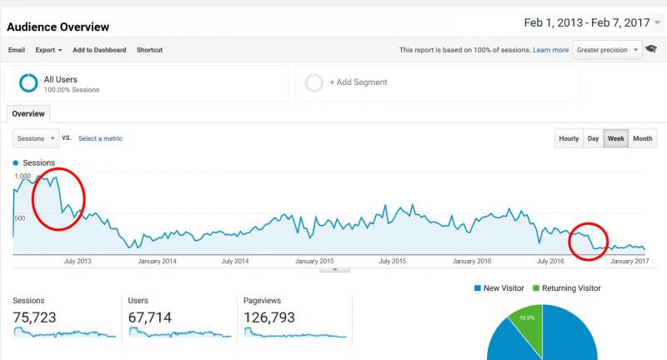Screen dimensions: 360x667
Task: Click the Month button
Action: [x=642, y=138]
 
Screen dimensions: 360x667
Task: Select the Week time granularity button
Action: [x=615, y=138]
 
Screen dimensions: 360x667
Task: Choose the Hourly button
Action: [x=569, y=138]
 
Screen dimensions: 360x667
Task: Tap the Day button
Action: [x=593, y=138]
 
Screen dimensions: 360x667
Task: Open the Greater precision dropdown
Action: [x=608, y=50]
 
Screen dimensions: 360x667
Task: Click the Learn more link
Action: [x=551, y=50]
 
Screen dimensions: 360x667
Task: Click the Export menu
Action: [x=48, y=50]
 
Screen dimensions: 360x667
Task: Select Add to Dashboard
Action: [x=99, y=50]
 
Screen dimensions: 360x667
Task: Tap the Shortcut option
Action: [x=149, y=50]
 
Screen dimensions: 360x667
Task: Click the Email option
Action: [x=17, y=50]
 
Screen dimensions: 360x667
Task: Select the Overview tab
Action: [x=28, y=113]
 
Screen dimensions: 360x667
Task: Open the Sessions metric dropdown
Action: [x=37, y=138]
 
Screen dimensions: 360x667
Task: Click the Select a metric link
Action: [x=100, y=138]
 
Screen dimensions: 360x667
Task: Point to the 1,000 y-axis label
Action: [x=22, y=177]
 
